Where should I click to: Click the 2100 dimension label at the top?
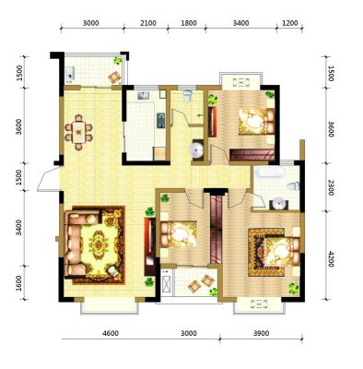tap(147, 23)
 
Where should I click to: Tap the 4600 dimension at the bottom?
tap(111, 333)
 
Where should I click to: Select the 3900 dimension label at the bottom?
tap(261, 333)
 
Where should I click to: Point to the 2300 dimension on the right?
tap(331, 187)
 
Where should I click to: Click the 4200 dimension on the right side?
tap(331, 259)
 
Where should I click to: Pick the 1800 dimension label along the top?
tap(188, 23)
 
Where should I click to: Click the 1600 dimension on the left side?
tap(19, 283)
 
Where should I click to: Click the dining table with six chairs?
tap(78, 132)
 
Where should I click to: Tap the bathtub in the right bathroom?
tap(270, 172)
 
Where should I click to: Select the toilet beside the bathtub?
tap(293, 186)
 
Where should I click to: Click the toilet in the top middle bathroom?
tap(187, 96)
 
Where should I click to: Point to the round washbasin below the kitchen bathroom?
tap(196, 149)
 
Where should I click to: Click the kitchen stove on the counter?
tap(161, 120)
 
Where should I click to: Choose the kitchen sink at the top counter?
tap(143, 96)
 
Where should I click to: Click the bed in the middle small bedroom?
tap(179, 234)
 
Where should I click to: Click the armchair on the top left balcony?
tap(114, 77)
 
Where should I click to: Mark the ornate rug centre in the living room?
tap(99, 244)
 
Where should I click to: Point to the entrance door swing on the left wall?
tap(48, 179)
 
